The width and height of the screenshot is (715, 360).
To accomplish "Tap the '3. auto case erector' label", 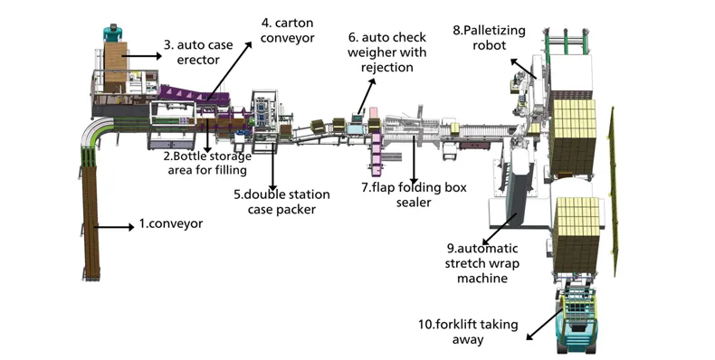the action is click(x=198, y=52).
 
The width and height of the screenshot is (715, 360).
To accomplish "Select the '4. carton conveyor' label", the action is click(x=287, y=30).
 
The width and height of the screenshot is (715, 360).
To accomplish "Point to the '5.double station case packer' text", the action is click(x=281, y=202).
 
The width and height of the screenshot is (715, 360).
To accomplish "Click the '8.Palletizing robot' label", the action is click(x=490, y=38).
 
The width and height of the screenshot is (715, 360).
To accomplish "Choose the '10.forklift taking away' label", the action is click(x=468, y=332).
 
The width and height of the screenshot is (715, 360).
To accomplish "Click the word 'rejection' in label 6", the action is click(x=387, y=68).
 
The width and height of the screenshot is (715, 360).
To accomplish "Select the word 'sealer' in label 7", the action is click(x=414, y=202).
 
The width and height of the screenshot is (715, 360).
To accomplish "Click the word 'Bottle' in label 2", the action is click(x=188, y=156).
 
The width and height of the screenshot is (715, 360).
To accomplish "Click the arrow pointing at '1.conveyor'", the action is click(x=114, y=226).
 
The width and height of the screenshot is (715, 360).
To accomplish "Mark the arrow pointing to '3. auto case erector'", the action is click(x=141, y=56).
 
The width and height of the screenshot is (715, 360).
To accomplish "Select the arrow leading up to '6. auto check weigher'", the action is click(x=367, y=96).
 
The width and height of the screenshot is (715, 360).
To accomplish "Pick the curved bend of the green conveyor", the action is click(x=93, y=132).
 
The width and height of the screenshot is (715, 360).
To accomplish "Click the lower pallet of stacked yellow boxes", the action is click(x=577, y=233).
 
